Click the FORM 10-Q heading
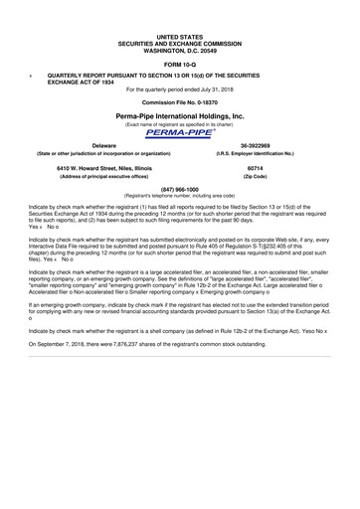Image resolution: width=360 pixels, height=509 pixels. tap(179, 62)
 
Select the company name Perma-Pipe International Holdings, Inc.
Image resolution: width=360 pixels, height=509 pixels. tap(179, 116)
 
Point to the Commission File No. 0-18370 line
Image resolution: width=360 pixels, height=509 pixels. tap(179, 102)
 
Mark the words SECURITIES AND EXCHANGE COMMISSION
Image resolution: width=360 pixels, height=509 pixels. tap(179, 42)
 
